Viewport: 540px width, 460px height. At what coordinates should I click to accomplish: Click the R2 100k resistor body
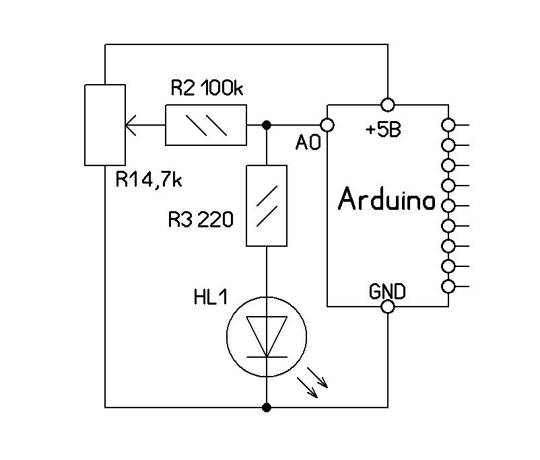[205, 125]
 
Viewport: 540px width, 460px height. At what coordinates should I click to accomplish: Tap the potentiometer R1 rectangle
[105, 124]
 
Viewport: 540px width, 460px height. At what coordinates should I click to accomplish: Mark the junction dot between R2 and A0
[267, 125]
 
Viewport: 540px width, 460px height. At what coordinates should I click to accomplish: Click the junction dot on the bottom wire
[267, 407]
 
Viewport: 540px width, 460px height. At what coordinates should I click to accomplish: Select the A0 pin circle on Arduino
[327, 125]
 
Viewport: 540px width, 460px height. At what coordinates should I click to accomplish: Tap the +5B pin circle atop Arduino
[388, 104]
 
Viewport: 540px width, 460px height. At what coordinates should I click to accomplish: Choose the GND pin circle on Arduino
[388, 307]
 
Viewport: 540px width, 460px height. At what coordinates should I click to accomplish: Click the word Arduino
[386, 200]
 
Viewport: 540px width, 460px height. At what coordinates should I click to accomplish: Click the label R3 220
[201, 219]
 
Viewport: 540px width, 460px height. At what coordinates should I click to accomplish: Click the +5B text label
[383, 130]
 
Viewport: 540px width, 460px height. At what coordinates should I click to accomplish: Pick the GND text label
[387, 291]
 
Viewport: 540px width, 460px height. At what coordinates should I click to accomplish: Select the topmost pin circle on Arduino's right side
[448, 124]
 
